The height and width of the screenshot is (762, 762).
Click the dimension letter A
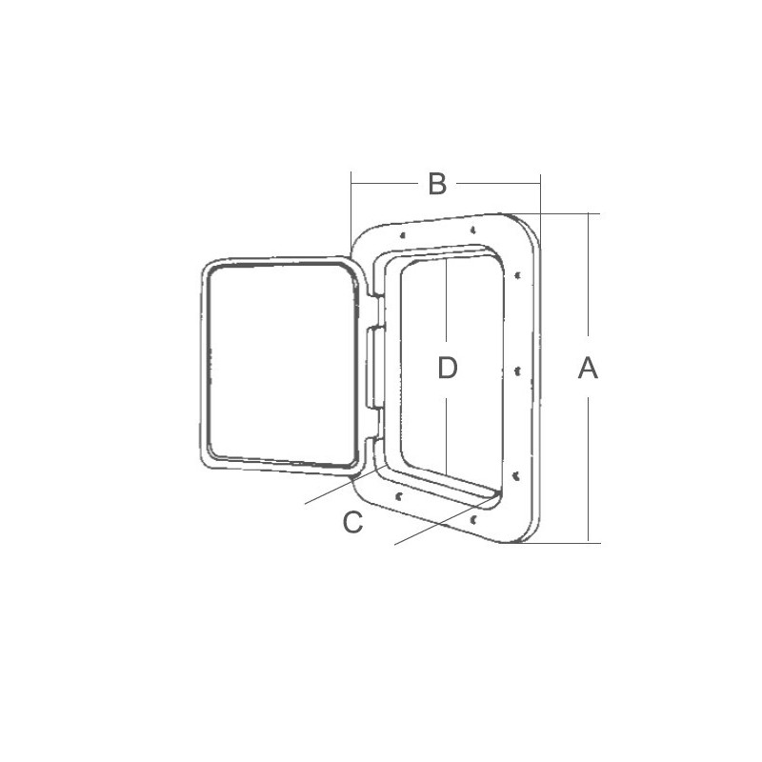pyautogui.click(x=588, y=368)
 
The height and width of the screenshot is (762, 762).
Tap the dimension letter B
pyautogui.click(x=437, y=184)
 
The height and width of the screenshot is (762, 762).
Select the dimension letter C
pyautogui.click(x=352, y=522)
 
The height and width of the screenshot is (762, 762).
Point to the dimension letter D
pyautogui.click(x=447, y=368)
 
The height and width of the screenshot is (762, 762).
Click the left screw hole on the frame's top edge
pyautogui.click(x=402, y=235)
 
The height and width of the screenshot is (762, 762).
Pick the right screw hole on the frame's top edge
pyautogui.click(x=472, y=230)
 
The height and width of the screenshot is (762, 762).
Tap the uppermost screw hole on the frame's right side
pyautogui.click(x=518, y=275)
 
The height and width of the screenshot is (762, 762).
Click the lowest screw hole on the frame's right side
pyautogui.click(x=516, y=475)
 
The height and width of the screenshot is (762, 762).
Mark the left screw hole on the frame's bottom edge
pyautogui.click(x=399, y=496)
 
